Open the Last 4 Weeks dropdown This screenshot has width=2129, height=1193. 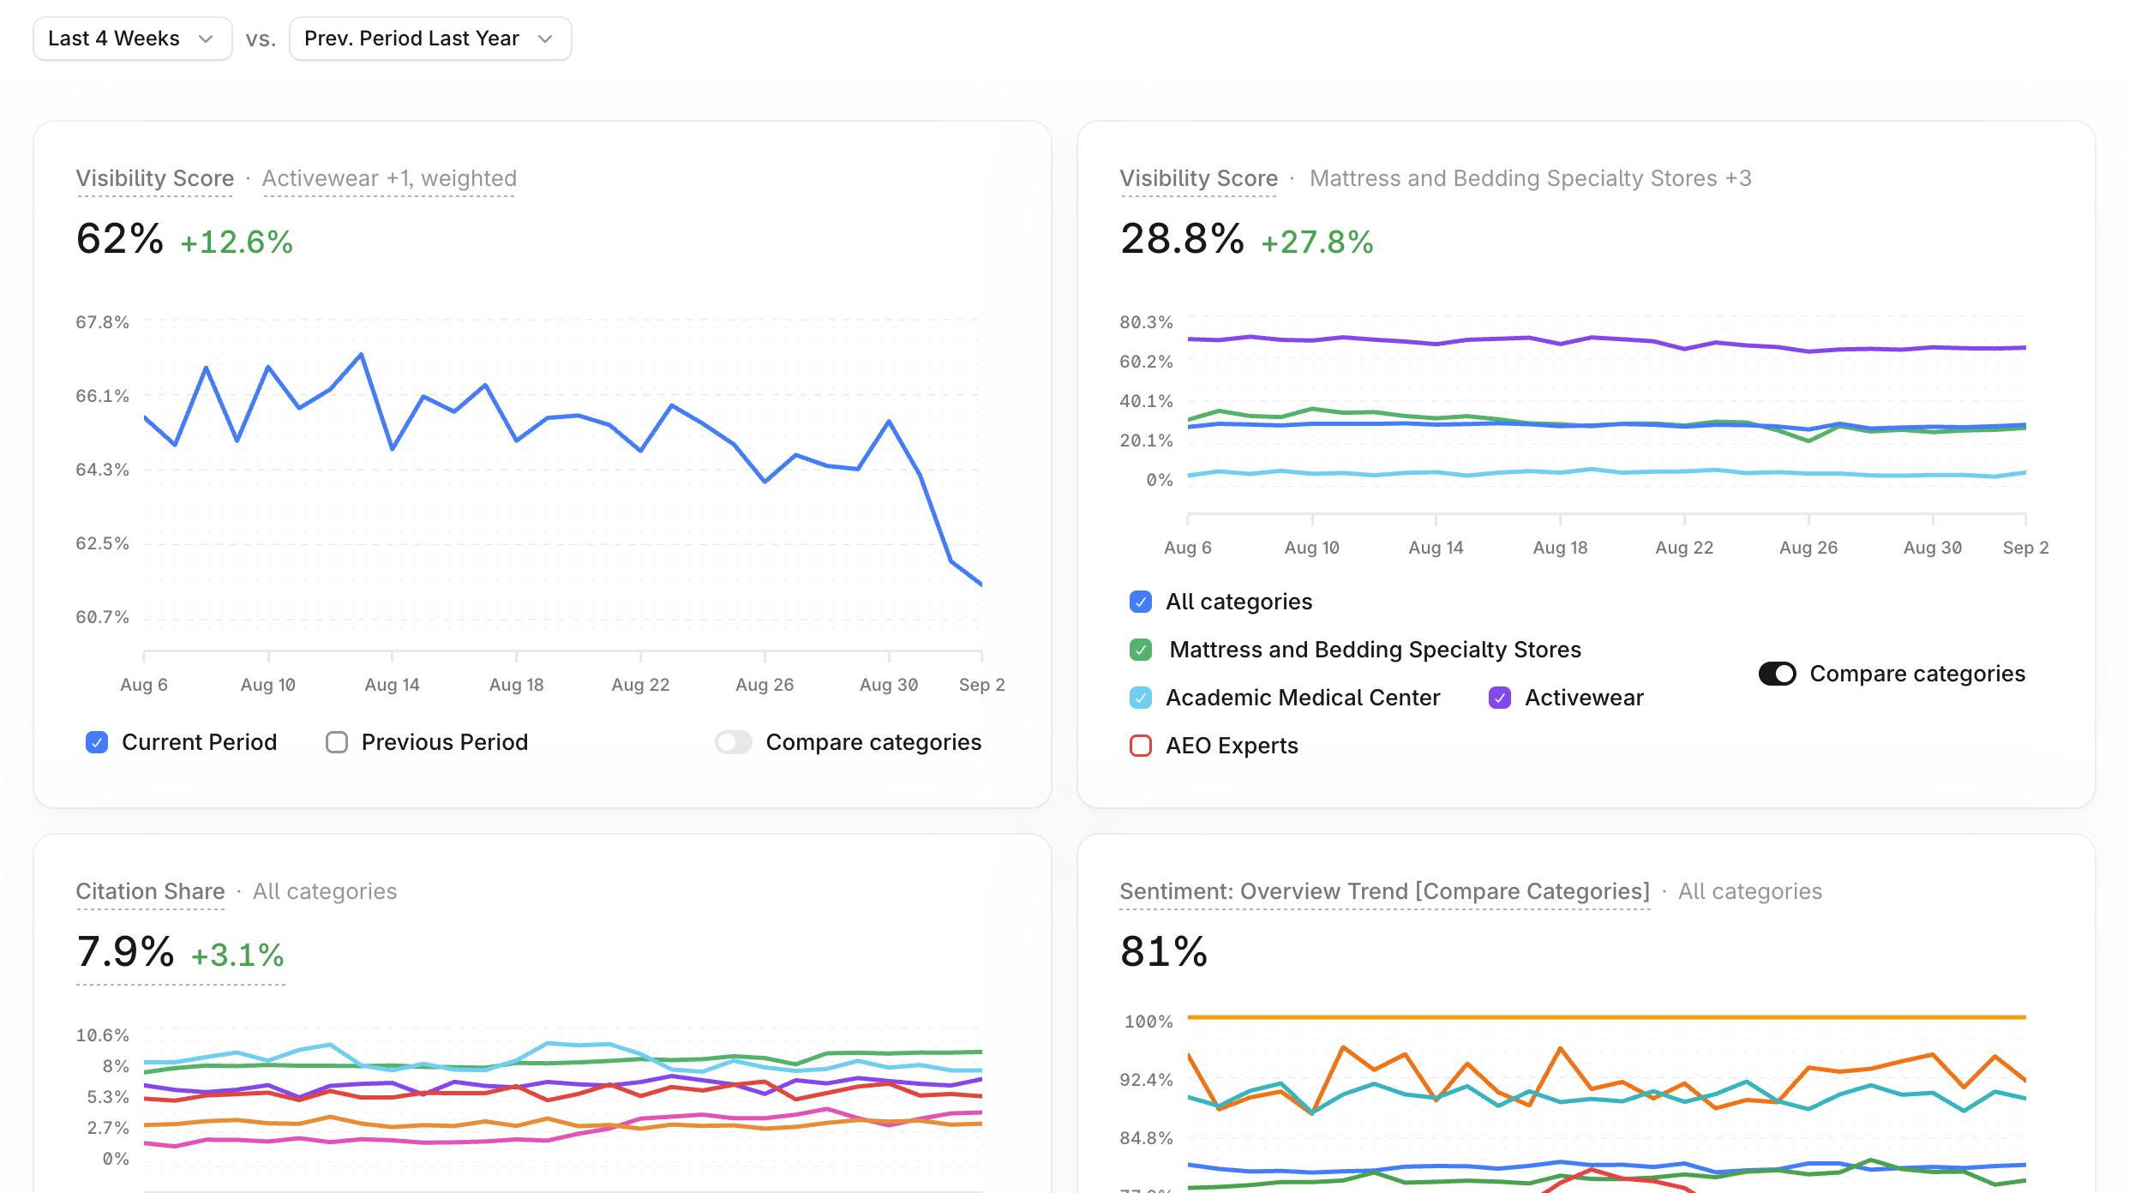pyautogui.click(x=132, y=39)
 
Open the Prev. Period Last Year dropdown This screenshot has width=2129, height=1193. pyautogui.click(x=430, y=39)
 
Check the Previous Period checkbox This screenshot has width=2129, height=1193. pyautogui.click(x=337, y=742)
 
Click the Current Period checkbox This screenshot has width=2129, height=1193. pyautogui.click(x=97, y=742)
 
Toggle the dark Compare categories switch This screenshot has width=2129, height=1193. pyautogui.click(x=1777, y=674)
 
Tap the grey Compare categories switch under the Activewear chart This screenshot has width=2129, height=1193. pyautogui.click(x=734, y=742)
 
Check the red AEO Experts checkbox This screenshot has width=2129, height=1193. pyautogui.click(x=1141, y=746)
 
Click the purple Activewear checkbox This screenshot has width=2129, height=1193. pyautogui.click(x=1500, y=698)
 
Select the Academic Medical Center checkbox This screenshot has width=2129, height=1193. pyautogui.click(x=1141, y=698)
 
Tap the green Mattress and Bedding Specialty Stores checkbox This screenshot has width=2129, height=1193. pyautogui.click(x=1141, y=650)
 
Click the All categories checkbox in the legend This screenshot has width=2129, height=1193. pyautogui.click(x=1141, y=602)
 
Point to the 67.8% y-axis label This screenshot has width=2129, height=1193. pyautogui.click(x=102, y=322)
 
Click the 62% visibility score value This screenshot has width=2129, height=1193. pyautogui.click(x=120, y=238)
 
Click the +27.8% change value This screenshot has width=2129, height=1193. pyautogui.click(x=1317, y=242)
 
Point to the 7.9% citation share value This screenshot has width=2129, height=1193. pyautogui.click(x=125, y=951)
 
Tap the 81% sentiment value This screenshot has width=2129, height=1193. pyautogui.click(x=1164, y=951)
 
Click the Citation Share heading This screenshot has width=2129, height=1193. pyautogui.click(x=150, y=891)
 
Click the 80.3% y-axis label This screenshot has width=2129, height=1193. pyautogui.click(x=1146, y=322)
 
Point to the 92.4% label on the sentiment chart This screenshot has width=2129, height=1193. pyautogui.click(x=1146, y=1080)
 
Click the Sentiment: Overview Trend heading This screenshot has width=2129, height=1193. pyautogui.click(x=1385, y=891)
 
